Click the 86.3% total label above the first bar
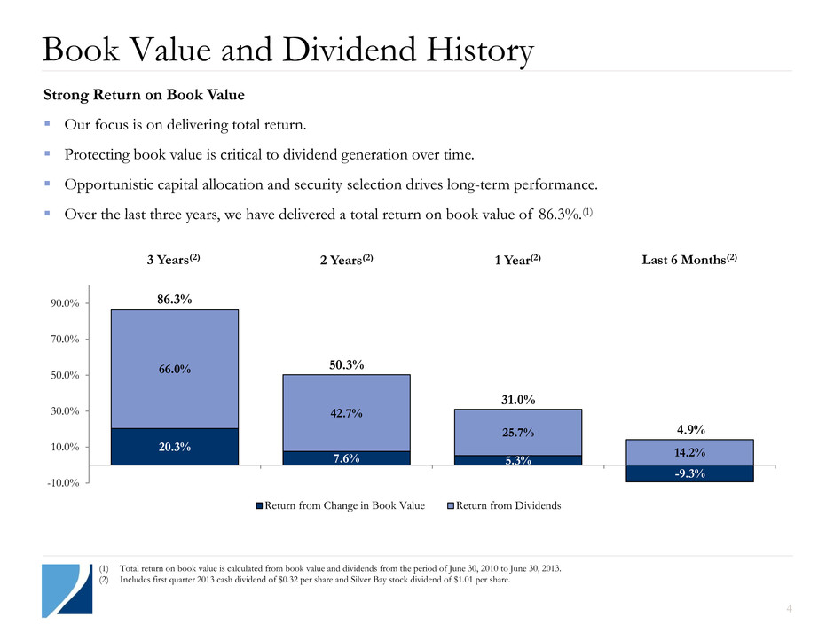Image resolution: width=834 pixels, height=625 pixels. click(174, 301)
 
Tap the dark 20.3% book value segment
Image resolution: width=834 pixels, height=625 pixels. click(174, 446)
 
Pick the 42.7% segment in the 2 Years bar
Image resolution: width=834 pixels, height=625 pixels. click(346, 412)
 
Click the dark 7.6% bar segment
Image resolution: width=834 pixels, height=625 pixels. click(346, 457)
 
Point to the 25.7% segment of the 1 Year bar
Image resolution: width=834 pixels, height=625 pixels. click(517, 432)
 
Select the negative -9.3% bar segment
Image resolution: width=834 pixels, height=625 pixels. click(688, 473)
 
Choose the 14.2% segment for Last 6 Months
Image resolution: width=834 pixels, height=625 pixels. click(688, 452)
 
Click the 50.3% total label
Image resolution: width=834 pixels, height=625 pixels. click(346, 365)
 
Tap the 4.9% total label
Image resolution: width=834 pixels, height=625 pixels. click(688, 430)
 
